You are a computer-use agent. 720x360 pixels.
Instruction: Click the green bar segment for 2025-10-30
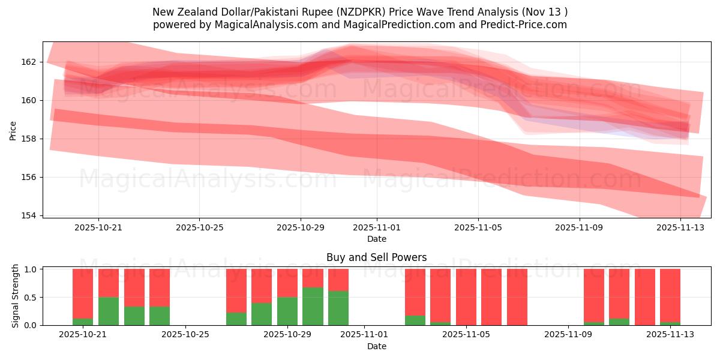[x=313, y=306]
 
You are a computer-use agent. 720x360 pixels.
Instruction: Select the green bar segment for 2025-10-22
[x=109, y=311]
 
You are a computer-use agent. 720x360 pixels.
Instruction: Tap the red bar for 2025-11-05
[x=466, y=297]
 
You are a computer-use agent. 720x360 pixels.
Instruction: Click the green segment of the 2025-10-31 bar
[x=338, y=308]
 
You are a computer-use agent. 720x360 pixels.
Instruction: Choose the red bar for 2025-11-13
[x=670, y=295]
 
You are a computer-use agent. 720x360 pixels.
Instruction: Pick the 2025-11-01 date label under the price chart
[x=377, y=227]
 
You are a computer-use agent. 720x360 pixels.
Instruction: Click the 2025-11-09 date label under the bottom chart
[x=567, y=335]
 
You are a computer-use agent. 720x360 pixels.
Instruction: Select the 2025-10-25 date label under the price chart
[x=199, y=227]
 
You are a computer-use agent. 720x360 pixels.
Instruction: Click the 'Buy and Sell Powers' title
[x=376, y=257]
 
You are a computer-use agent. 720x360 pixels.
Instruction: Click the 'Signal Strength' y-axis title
[x=16, y=296]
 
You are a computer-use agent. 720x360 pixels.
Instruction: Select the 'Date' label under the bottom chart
[x=376, y=346]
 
